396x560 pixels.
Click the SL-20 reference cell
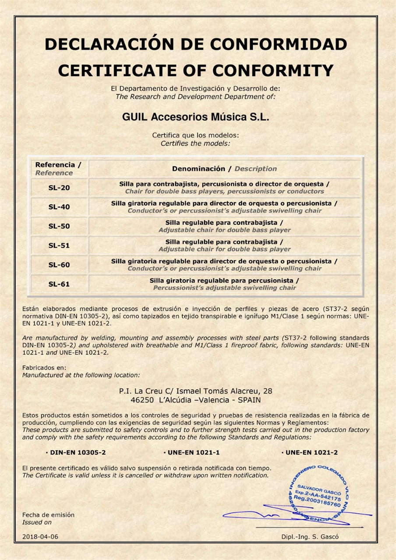click(59, 188)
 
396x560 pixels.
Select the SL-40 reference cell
click(59, 207)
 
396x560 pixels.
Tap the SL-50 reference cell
click(59, 226)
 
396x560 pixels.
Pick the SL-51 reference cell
click(59, 245)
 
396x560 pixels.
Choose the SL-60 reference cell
click(59, 265)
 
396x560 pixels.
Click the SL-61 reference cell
click(59, 284)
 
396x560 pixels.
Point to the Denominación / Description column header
click(224, 168)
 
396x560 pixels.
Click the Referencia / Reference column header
click(58, 168)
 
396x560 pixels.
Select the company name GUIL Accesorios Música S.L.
click(195, 117)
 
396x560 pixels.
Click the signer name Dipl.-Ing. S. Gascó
click(310, 537)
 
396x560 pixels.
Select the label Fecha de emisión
click(48, 514)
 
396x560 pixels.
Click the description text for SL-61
click(224, 284)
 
